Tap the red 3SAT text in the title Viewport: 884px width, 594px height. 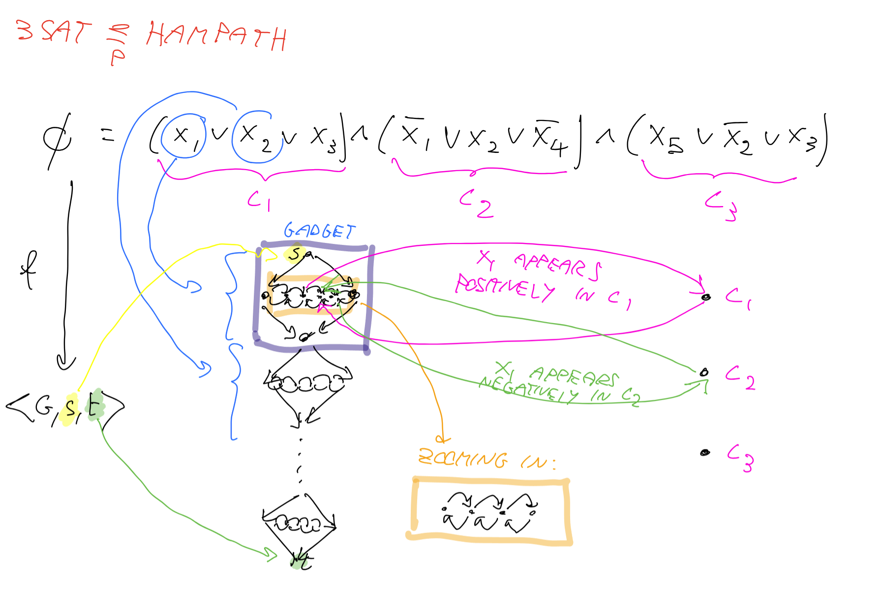pyautogui.click(x=53, y=31)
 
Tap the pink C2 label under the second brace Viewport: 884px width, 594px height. pyautogui.click(x=476, y=203)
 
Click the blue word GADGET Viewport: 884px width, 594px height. pyautogui.click(x=319, y=231)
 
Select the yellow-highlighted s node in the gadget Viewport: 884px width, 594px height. pyautogui.click(x=295, y=254)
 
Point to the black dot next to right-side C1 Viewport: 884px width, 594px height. pyautogui.click(x=706, y=297)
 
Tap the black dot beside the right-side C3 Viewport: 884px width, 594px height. pyautogui.click(x=705, y=452)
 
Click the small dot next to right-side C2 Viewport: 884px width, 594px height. pyautogui.click(x=704, y=372)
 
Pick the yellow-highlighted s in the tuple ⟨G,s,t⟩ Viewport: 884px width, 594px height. pyautogui.click(x=70, y=408)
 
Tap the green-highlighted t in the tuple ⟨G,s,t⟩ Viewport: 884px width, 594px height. pyautogui.click(x=95, y=406)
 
